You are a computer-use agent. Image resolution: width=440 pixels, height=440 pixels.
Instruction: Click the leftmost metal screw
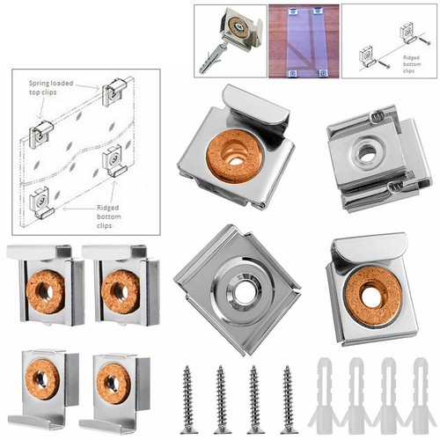coord(187,398)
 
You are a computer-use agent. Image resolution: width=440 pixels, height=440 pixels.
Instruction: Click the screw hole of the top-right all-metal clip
coord(368,153)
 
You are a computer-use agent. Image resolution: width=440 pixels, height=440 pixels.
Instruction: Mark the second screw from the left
coord(220,398)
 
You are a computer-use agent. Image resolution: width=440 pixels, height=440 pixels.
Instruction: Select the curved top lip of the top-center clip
coord(255,102)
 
